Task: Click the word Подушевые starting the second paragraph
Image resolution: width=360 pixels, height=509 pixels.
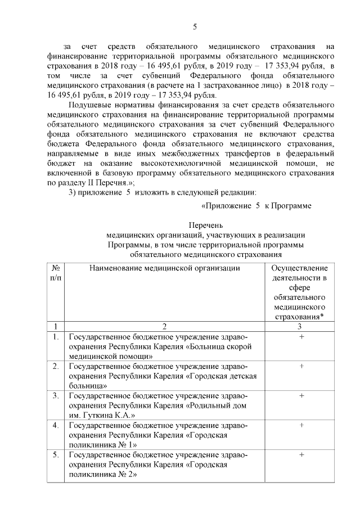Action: coord(89,105)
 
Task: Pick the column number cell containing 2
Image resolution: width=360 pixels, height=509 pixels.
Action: coord(164,326)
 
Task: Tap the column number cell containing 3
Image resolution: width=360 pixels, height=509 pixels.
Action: coord(301,326)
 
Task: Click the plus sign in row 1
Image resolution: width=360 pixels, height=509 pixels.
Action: coord(301,336)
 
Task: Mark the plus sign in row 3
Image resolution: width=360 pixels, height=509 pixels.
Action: coord(301,395)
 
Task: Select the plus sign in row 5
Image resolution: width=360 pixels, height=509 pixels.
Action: coord(301,454)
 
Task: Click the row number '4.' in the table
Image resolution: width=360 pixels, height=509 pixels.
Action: coord(56,425)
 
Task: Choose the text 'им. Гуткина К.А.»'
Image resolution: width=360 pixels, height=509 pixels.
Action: coord(100,415)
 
